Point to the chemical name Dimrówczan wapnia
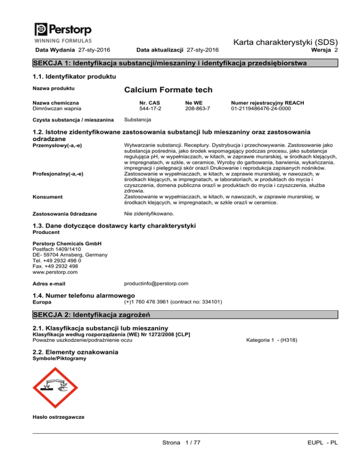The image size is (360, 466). pos(55,109)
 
